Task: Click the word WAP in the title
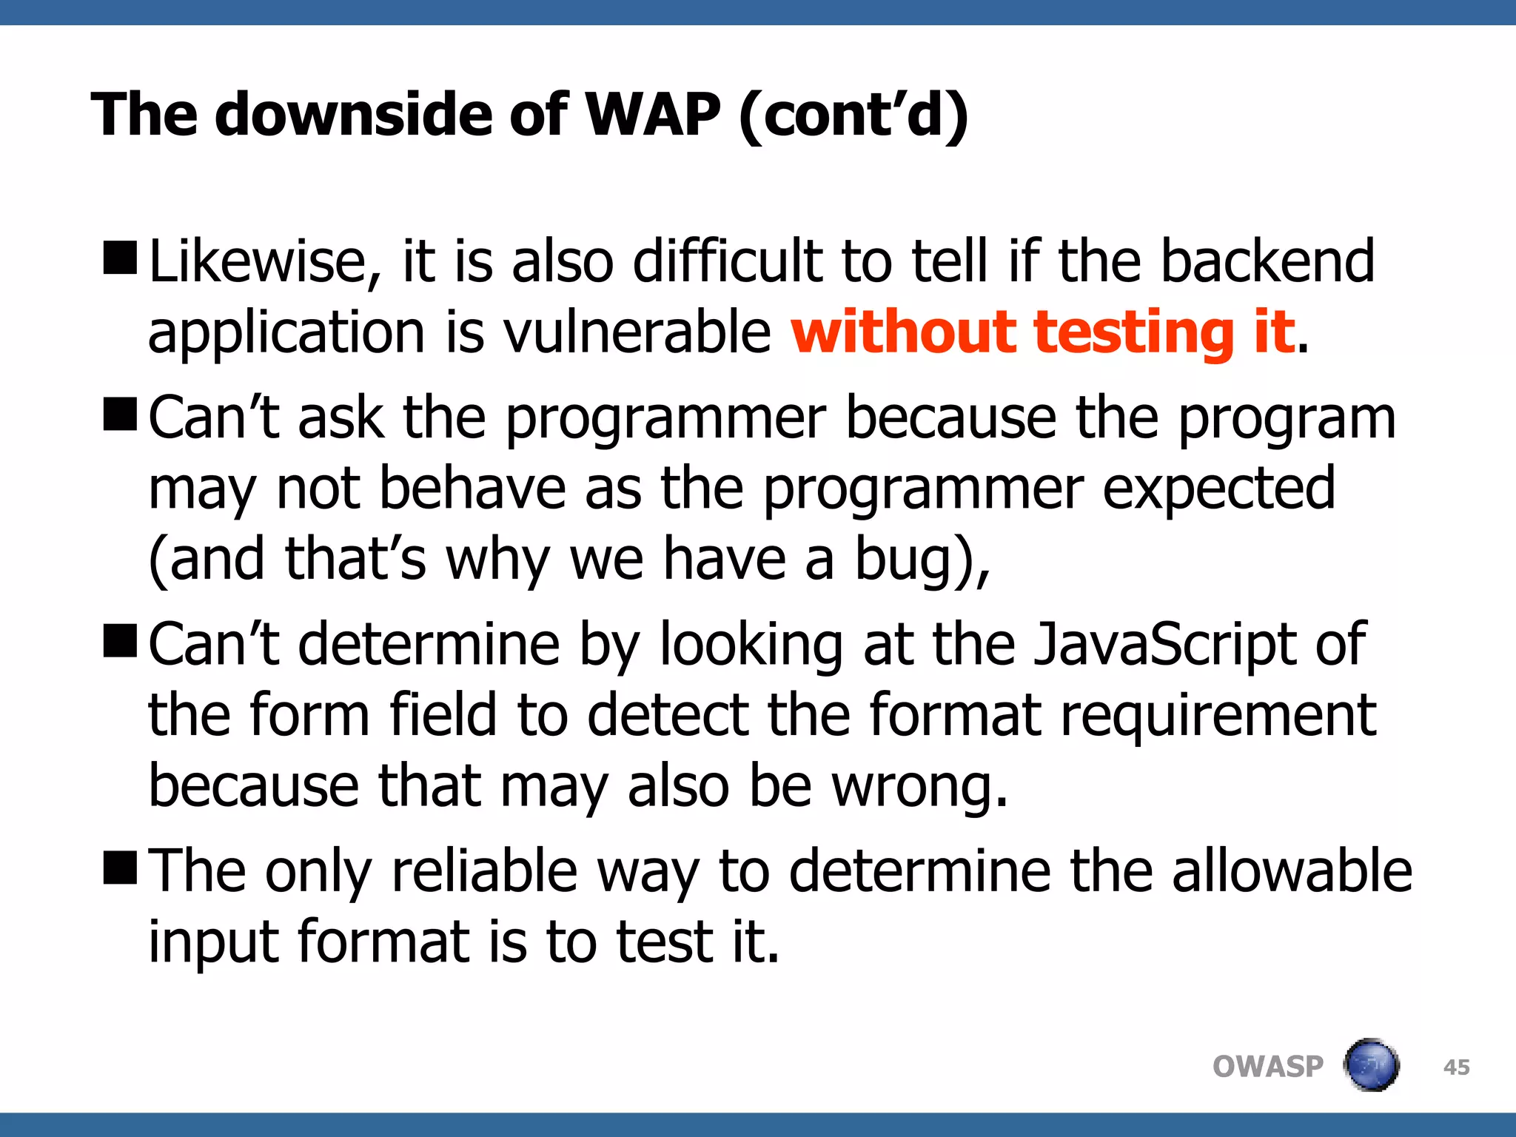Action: pyautogui.click(x=652, y=115)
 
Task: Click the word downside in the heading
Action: pyautogui.click(x=353, y=115)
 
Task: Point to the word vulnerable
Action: pyautogui.click(x=637, y=332)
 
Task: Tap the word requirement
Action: pyautogui.click(x=1218, y=717)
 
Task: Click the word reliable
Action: pyautogui.click(x=484, y=871)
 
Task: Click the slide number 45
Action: pyautogui.click(x=1456, y=1067)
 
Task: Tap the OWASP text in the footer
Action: pyautogui.click(x=1267, y=1067)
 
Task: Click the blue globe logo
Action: pyautogui.click(x=1371, y=1065)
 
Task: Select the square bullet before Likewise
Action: pyautogui.click(x=120, y=258)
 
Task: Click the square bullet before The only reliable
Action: pyautogui.click(x=120, y=867)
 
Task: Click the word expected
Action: pyautogui.click(x=1218, y=489)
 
